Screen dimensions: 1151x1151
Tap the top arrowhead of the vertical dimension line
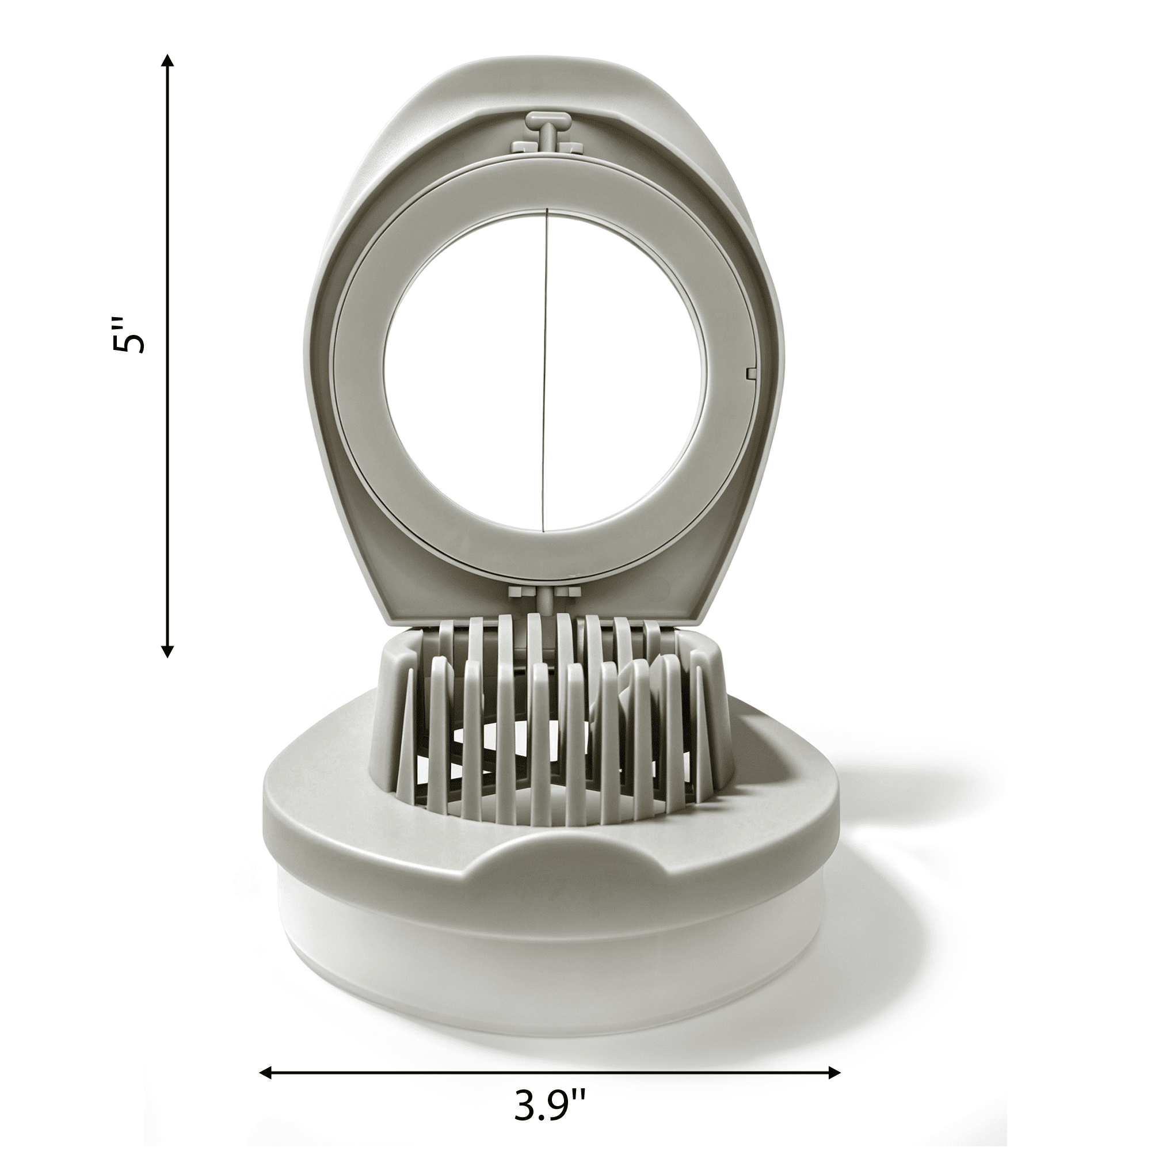click(x=168, y=60)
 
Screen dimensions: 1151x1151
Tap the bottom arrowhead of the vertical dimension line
click(x=168, y=650)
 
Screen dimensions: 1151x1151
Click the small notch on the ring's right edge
click(x=750, y=372)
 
